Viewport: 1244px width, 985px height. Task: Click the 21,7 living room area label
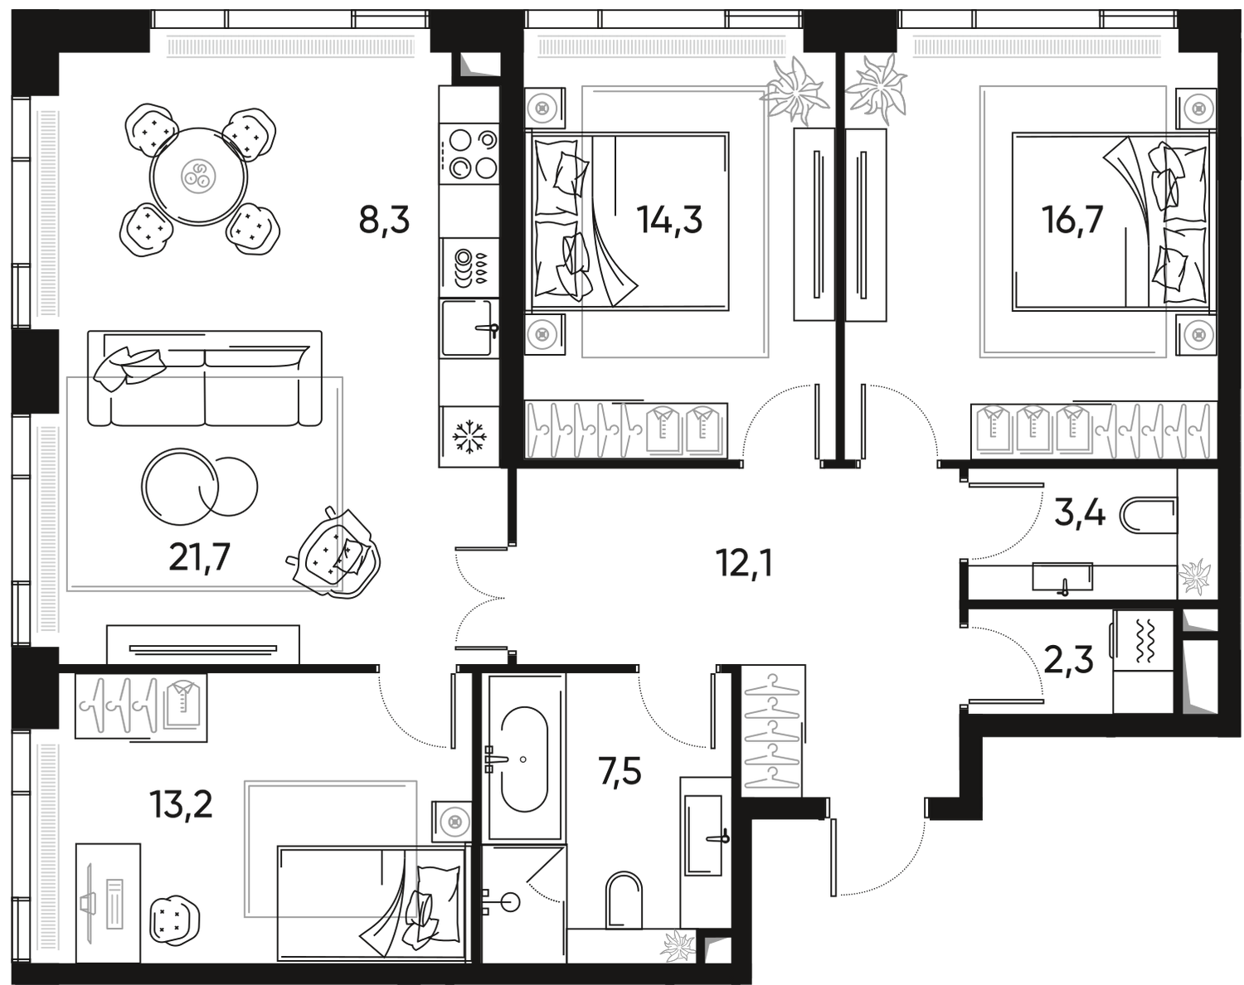199,560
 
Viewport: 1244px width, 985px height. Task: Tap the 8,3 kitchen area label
384,222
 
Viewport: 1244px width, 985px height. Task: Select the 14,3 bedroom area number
668,221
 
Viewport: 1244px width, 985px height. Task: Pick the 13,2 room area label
182,803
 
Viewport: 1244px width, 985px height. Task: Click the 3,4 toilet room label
1078,514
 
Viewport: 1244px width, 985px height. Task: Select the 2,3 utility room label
1069,661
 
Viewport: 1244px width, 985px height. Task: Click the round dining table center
200,176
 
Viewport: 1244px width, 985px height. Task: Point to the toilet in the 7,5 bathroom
623,897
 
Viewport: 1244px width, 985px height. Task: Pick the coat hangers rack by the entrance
772,730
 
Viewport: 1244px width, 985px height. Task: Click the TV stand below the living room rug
202,643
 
